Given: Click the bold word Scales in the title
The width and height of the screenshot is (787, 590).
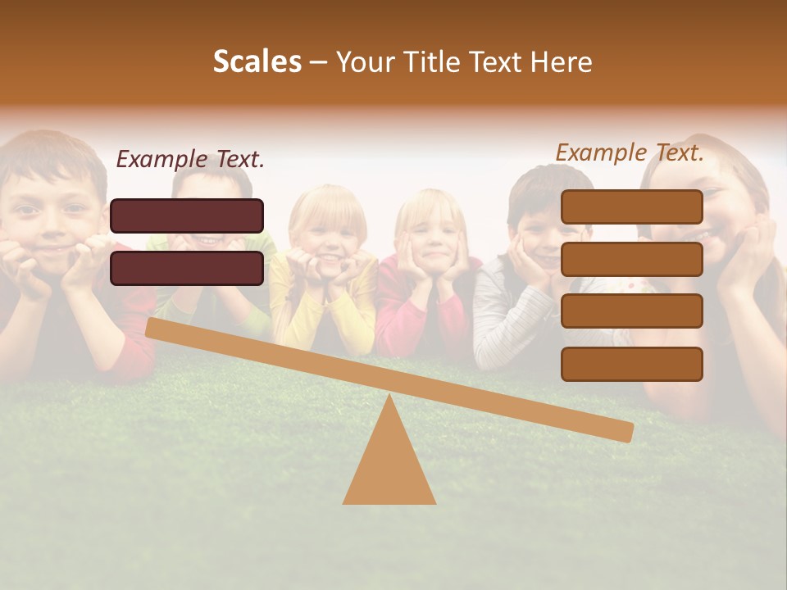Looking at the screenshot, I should (x=257, y=61).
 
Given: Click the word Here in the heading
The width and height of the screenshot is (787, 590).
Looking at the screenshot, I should (x=561, y=61).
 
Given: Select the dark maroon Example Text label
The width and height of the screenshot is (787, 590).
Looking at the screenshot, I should (x=190, y=160).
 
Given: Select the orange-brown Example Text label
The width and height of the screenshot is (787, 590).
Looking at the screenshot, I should (x=630, y=152).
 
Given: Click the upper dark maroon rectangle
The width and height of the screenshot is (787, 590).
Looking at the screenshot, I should (x=187, y=216).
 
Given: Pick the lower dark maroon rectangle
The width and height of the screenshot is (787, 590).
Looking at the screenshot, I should (x=187, y=268).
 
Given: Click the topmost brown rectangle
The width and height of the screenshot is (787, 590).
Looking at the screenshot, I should (x=631, y=206).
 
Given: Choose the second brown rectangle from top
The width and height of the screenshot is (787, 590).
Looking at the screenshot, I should (x=631, y=259).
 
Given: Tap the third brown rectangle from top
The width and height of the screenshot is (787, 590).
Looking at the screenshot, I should (x=631, y=311).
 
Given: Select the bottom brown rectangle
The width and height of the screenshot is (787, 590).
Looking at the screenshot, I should (x=631, y=364).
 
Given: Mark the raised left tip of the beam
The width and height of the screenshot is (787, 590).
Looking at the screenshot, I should (x=152, y=328).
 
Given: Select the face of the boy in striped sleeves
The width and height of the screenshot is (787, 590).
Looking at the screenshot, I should (x=541, y=225).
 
